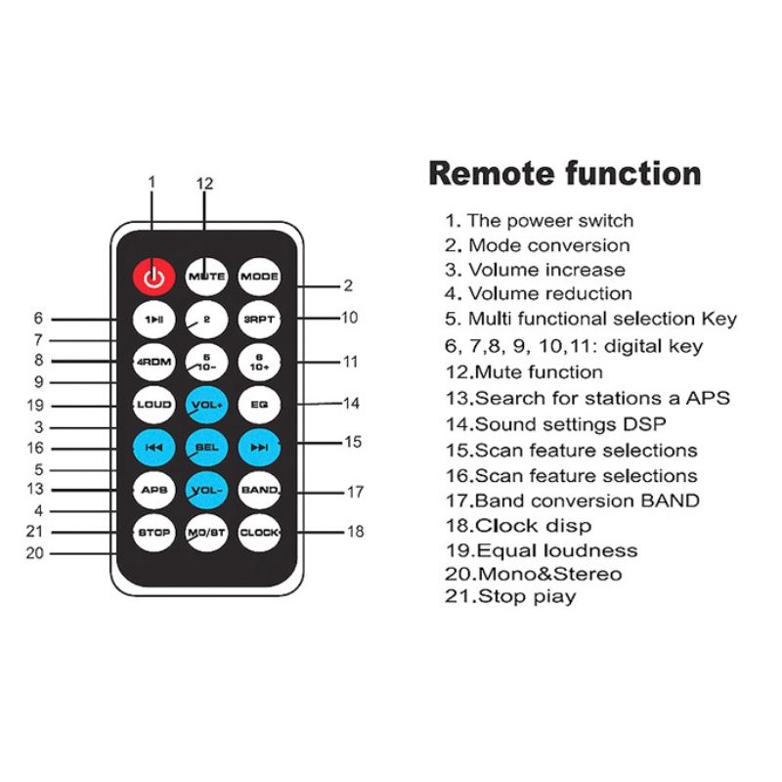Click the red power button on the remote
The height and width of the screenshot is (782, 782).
[x=152, y=277]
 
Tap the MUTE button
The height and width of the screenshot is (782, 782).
[x=206, y=277]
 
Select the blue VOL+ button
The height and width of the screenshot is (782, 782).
[x=206, y=404]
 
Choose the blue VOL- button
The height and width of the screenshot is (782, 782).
[x=206, y=490]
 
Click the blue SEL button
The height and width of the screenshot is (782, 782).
[x=206, y=447]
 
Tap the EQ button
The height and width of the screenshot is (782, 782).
[x=259, y=404]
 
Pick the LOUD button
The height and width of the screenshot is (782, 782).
[x=153, y=404]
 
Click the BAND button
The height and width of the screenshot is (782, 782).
[x=259, y=490]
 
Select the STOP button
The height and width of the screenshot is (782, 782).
[x=153, y=533]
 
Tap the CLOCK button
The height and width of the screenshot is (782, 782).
[x=259, y=533]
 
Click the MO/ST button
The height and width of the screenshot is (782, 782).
[x=206, y=533]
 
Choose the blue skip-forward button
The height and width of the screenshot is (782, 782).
[x=259, y=447]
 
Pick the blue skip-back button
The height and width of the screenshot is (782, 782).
[x=153, y=447]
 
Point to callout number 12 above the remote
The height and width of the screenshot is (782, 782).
[x=204, y=184]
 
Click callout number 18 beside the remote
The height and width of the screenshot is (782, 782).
[x=356, y=532]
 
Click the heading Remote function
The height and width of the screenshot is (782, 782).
[x=565, y=173]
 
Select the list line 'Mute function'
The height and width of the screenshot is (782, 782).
[x=524, y=371]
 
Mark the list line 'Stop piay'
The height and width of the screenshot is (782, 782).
[x=510, y=596]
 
